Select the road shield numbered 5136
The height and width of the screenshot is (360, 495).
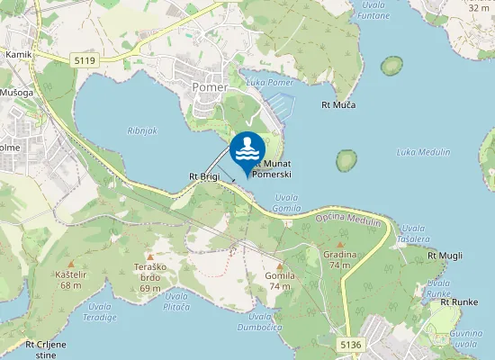pyautogui.click(x=351, y=345)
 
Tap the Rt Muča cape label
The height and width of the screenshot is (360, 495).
pyautogui.click(x=338, y=105)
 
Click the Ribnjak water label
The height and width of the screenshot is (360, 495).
pyautogui.click(x=141, y=130)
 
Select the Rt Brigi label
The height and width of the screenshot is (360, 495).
pyautogui.click(x=204, y=176)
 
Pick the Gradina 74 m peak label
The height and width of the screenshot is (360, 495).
pyautogui.click(x=340, y=259)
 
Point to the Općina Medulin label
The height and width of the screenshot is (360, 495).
pyautogui.click(x=348, y=219)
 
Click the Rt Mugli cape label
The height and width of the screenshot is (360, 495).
pyautogui.click(x=445, y=256)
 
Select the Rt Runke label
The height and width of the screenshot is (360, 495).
pyautogui.click(x=458, y=302)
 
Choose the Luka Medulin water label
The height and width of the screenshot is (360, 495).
pyautogui.click(x=423, y=152)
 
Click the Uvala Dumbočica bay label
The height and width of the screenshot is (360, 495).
pyautogui.click(x=266, y=321)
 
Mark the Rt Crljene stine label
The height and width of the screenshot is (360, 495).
pyautogui.click(x=46, y=348)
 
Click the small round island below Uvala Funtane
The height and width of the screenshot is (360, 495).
pyautogui.click(x=391, y=66)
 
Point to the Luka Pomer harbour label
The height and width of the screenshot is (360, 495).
pyautogui.click(x=269, y=83)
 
